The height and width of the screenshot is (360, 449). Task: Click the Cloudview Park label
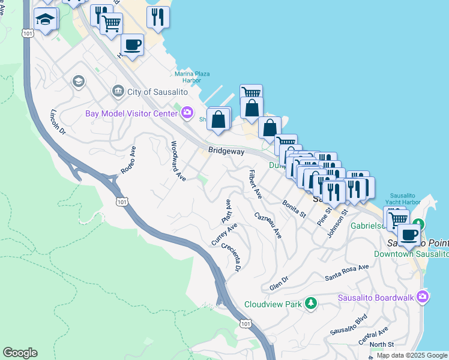[x=273, y=304]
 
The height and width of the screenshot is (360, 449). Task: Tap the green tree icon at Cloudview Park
[x=311, y=303]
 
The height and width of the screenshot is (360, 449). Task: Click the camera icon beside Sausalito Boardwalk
[x=423, y=296]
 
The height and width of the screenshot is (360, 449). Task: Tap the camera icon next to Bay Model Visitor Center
[x=187, y=112]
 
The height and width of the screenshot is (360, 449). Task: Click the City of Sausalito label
[x=155, y=91]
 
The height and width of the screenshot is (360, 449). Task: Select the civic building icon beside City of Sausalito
[x=118, y=91]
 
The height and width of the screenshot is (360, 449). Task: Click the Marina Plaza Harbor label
[x=192, y=77]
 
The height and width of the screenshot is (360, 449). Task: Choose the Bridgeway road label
[x=226, y=151]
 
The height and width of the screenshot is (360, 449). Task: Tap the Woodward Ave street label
[x=178, y=160]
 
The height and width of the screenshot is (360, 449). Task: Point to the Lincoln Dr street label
[x=58, y=122]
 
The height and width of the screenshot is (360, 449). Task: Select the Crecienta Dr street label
[x=231, y=256]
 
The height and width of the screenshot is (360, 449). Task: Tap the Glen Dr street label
[x=279, y=283]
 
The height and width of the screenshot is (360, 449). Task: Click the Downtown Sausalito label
[x=411, y=254]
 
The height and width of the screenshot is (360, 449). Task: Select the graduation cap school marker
[x=46, y=20]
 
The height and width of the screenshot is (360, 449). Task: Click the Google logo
[x=20, y=353]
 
